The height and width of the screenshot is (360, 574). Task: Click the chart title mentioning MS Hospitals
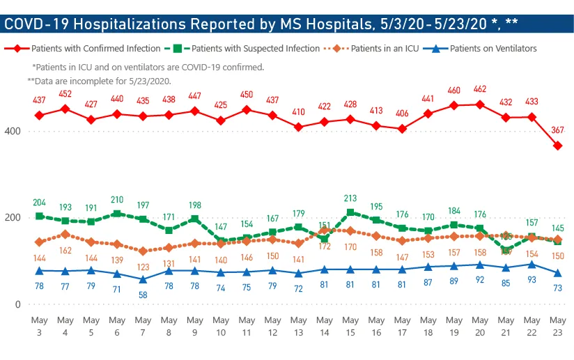261,24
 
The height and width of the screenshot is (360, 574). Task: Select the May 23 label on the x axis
558,326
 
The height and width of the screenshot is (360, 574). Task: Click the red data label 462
481,90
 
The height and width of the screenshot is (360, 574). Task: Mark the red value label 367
558,130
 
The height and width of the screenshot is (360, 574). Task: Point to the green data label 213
350,198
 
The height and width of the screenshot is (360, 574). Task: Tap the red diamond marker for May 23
558,146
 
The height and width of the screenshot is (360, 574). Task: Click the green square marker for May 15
350,212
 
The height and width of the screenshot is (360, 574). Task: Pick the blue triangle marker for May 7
143,279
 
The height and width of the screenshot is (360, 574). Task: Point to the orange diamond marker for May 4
65,235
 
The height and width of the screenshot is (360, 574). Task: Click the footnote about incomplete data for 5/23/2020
99,81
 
